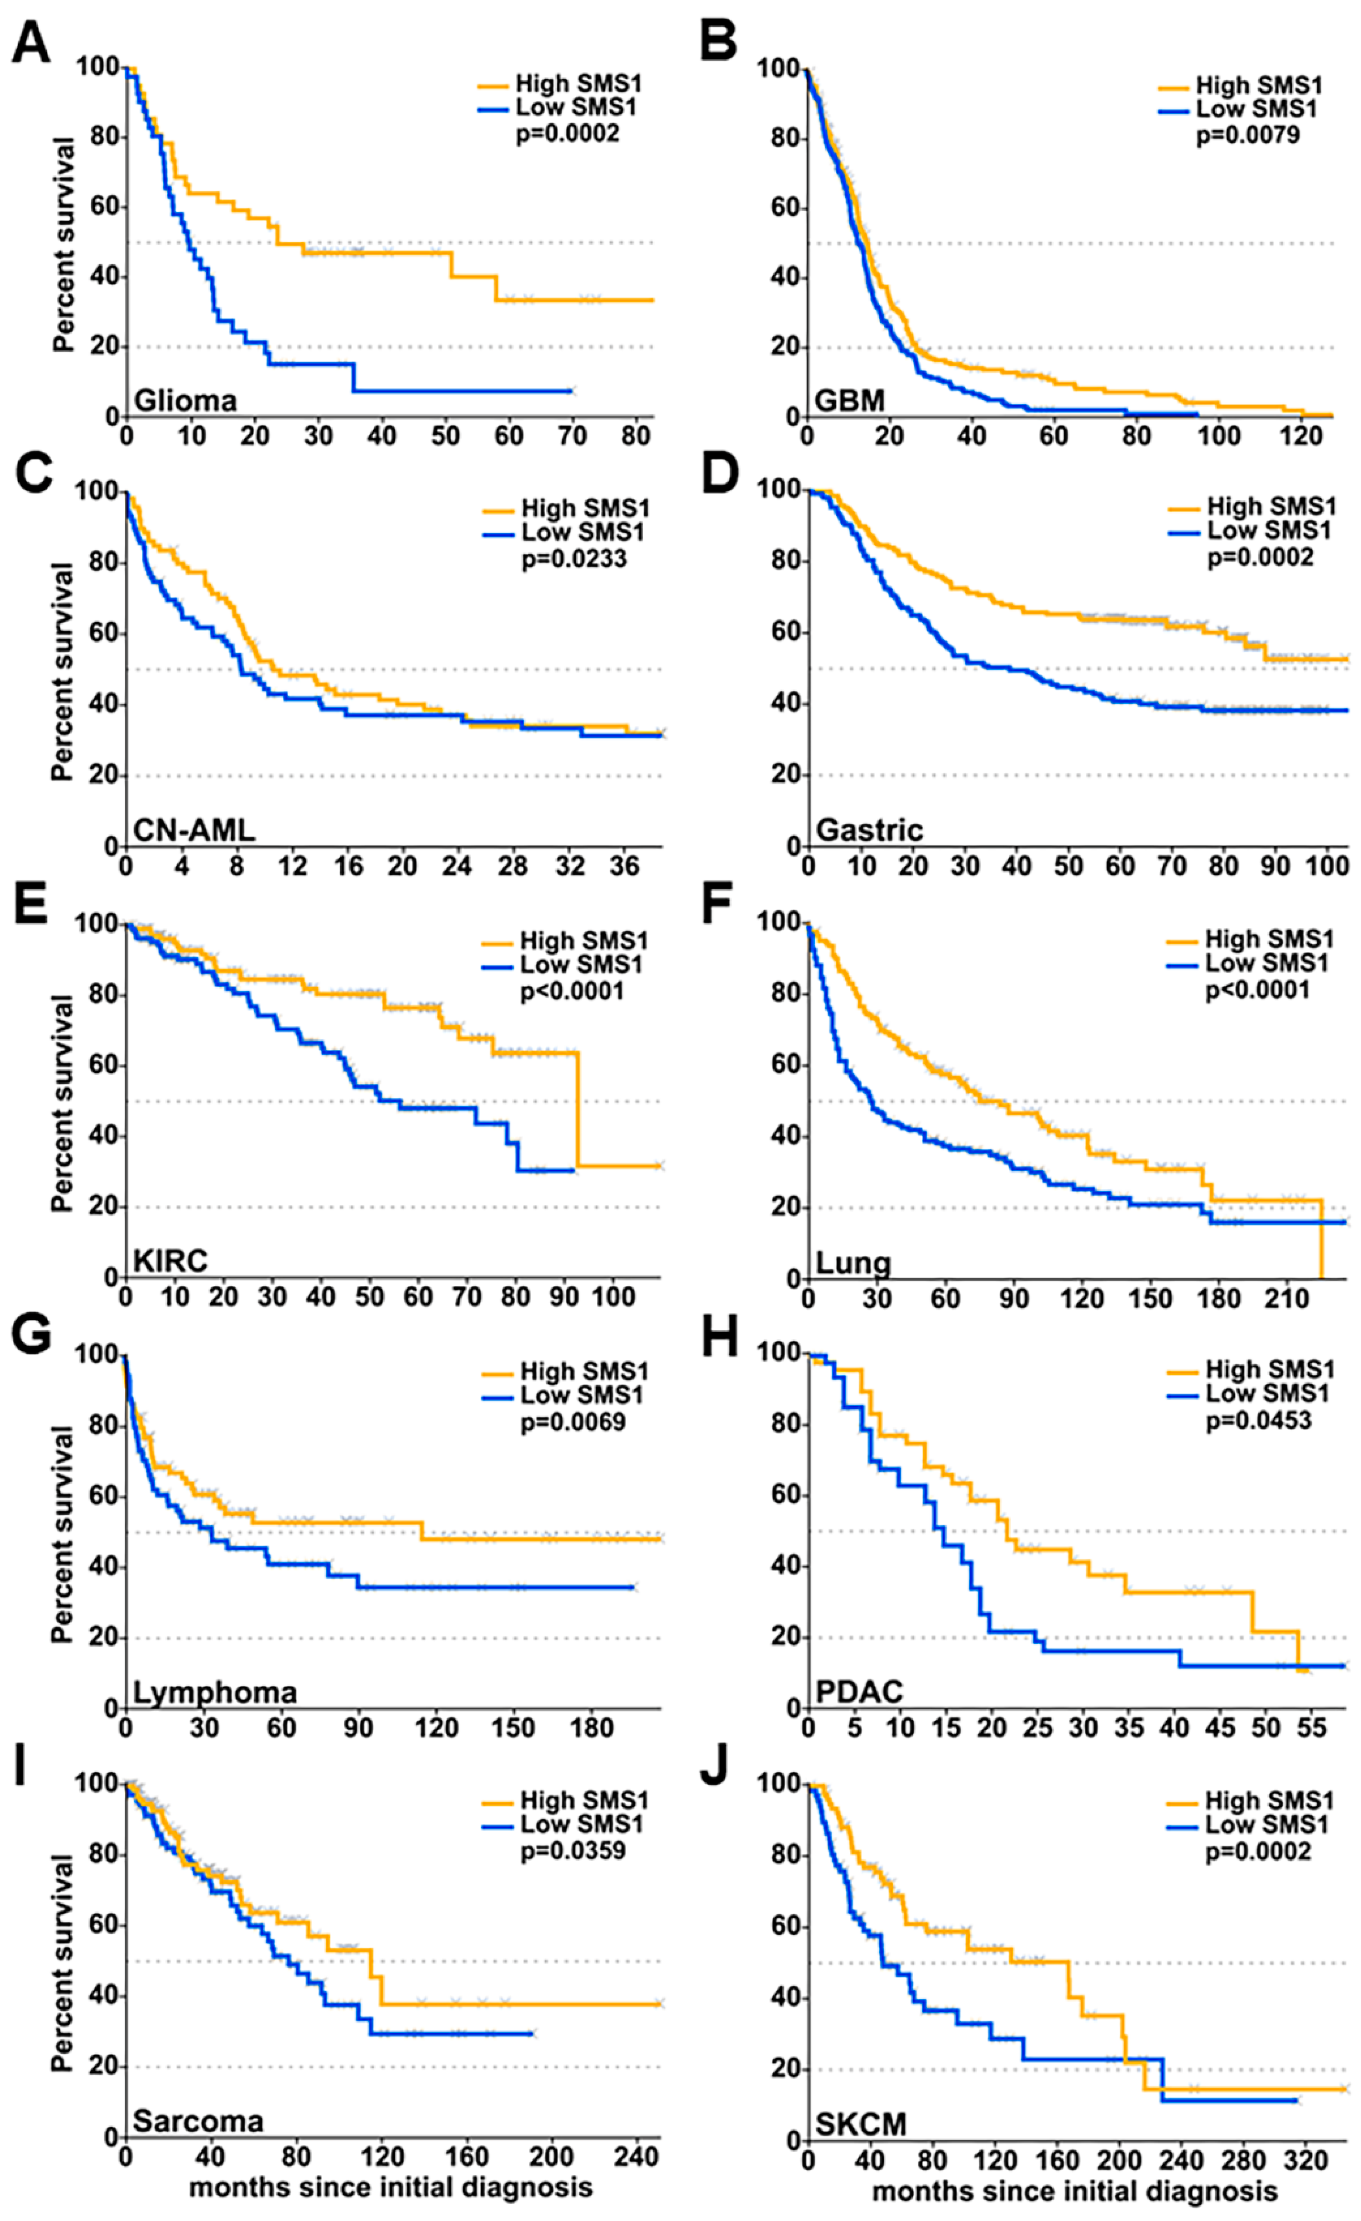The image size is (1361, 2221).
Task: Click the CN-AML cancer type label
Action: pyautogui.click(x=194, y=829)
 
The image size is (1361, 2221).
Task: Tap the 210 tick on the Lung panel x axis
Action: pyautogui.click(x=1286, y=1299)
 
